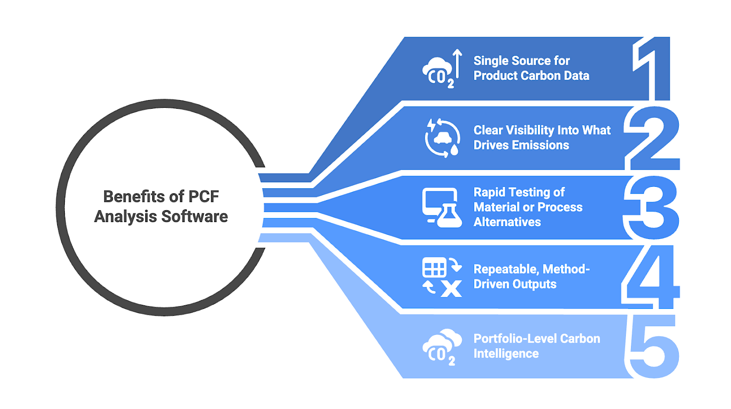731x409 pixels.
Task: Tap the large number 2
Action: click(x=652, y=138)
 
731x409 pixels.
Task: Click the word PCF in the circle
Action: click(x=204, y=197)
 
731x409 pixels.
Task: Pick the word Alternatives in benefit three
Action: click(x=507, y=222)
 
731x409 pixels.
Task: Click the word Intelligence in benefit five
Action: click(x=506, y=354)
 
